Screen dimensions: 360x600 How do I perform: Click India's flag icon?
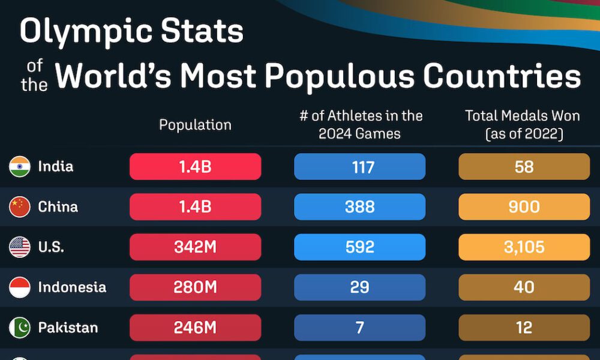[x=20, y=166]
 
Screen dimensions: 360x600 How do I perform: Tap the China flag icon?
[x=20, y=207]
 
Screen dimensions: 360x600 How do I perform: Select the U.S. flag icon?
[x=20, y=247]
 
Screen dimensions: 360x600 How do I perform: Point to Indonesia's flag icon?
[x=20, y=287]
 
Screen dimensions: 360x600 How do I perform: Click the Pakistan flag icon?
[x=20, y=328]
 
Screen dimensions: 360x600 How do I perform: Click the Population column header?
[x=195, y=125]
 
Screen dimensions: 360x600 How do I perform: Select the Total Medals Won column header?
[x=524, y=125]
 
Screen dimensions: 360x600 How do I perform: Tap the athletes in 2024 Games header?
[x=361, y=125]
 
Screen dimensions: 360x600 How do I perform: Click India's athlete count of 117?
[x=360, y=167]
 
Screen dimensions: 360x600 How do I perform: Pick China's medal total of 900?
[x=524, y=207]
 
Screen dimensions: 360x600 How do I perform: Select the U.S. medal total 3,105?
[x=524, y=247]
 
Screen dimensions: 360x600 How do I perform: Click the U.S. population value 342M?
[x=196, y=247]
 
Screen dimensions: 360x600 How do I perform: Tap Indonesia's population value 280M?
[x=196, y=287]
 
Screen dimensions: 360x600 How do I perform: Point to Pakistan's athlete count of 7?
[x=360, y=328]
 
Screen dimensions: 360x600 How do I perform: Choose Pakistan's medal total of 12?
[x=524, y=328]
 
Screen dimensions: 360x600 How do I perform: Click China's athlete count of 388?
[x=360, y=207]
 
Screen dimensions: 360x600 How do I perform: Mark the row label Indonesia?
[x=72, y=287]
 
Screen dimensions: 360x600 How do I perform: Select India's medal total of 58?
[x=524, y=167]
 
